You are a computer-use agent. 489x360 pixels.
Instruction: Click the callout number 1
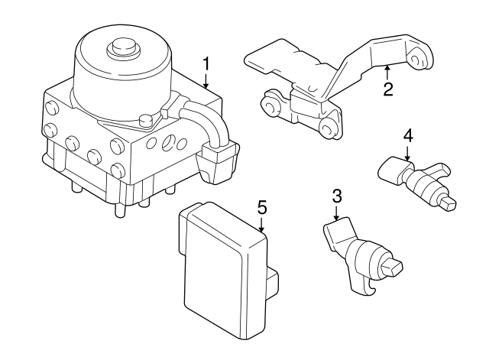(x=206, y=63)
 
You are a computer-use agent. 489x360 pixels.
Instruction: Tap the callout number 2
(x=388, y=89)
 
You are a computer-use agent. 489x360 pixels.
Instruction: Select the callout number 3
(x=336, y=196)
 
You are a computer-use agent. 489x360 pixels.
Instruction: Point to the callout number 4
(x=408, y=135)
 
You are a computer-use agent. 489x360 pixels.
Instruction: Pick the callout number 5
(x=261, y=206)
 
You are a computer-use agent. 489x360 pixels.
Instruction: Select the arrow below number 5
(x=261, y=224)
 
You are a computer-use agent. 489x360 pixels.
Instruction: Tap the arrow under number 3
(x=336, y=213)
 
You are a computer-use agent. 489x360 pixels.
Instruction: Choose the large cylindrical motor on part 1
(x=121, y=73)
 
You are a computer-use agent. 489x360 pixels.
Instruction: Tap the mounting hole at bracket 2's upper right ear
(x=417, y=55)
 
